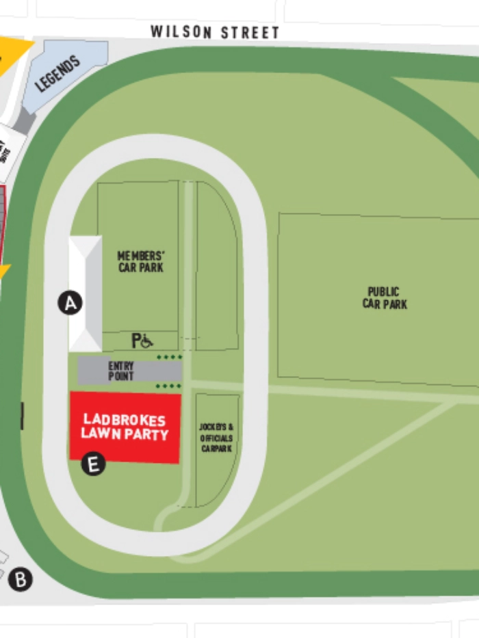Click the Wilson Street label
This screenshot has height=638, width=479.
pos(215,32)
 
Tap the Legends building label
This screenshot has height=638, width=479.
pos(58,74)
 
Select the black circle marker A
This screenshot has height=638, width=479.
pos(70,302)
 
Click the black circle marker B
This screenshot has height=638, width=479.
pos(21,581)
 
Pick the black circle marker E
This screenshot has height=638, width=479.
pos(93,464)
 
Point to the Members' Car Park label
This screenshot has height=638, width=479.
pos(141,261)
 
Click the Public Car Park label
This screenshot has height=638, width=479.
pos(385,298)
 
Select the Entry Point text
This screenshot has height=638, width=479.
pos(121,371)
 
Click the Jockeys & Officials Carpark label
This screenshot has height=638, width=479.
pos(216,438)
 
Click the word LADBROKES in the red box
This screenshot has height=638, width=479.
pos(125,419)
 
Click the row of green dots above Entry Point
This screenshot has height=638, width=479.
pos(170,357)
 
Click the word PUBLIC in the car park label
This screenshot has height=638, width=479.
pos(383,291)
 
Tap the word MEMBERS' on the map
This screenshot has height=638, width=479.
pos(141,255)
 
